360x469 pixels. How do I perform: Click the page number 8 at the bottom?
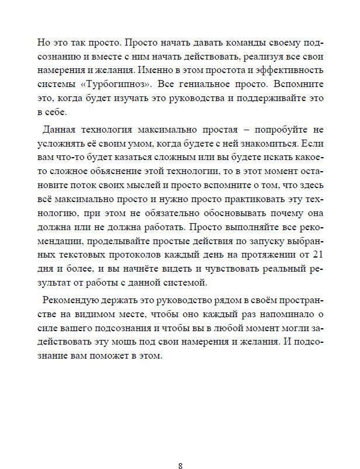[x=180, y=450]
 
